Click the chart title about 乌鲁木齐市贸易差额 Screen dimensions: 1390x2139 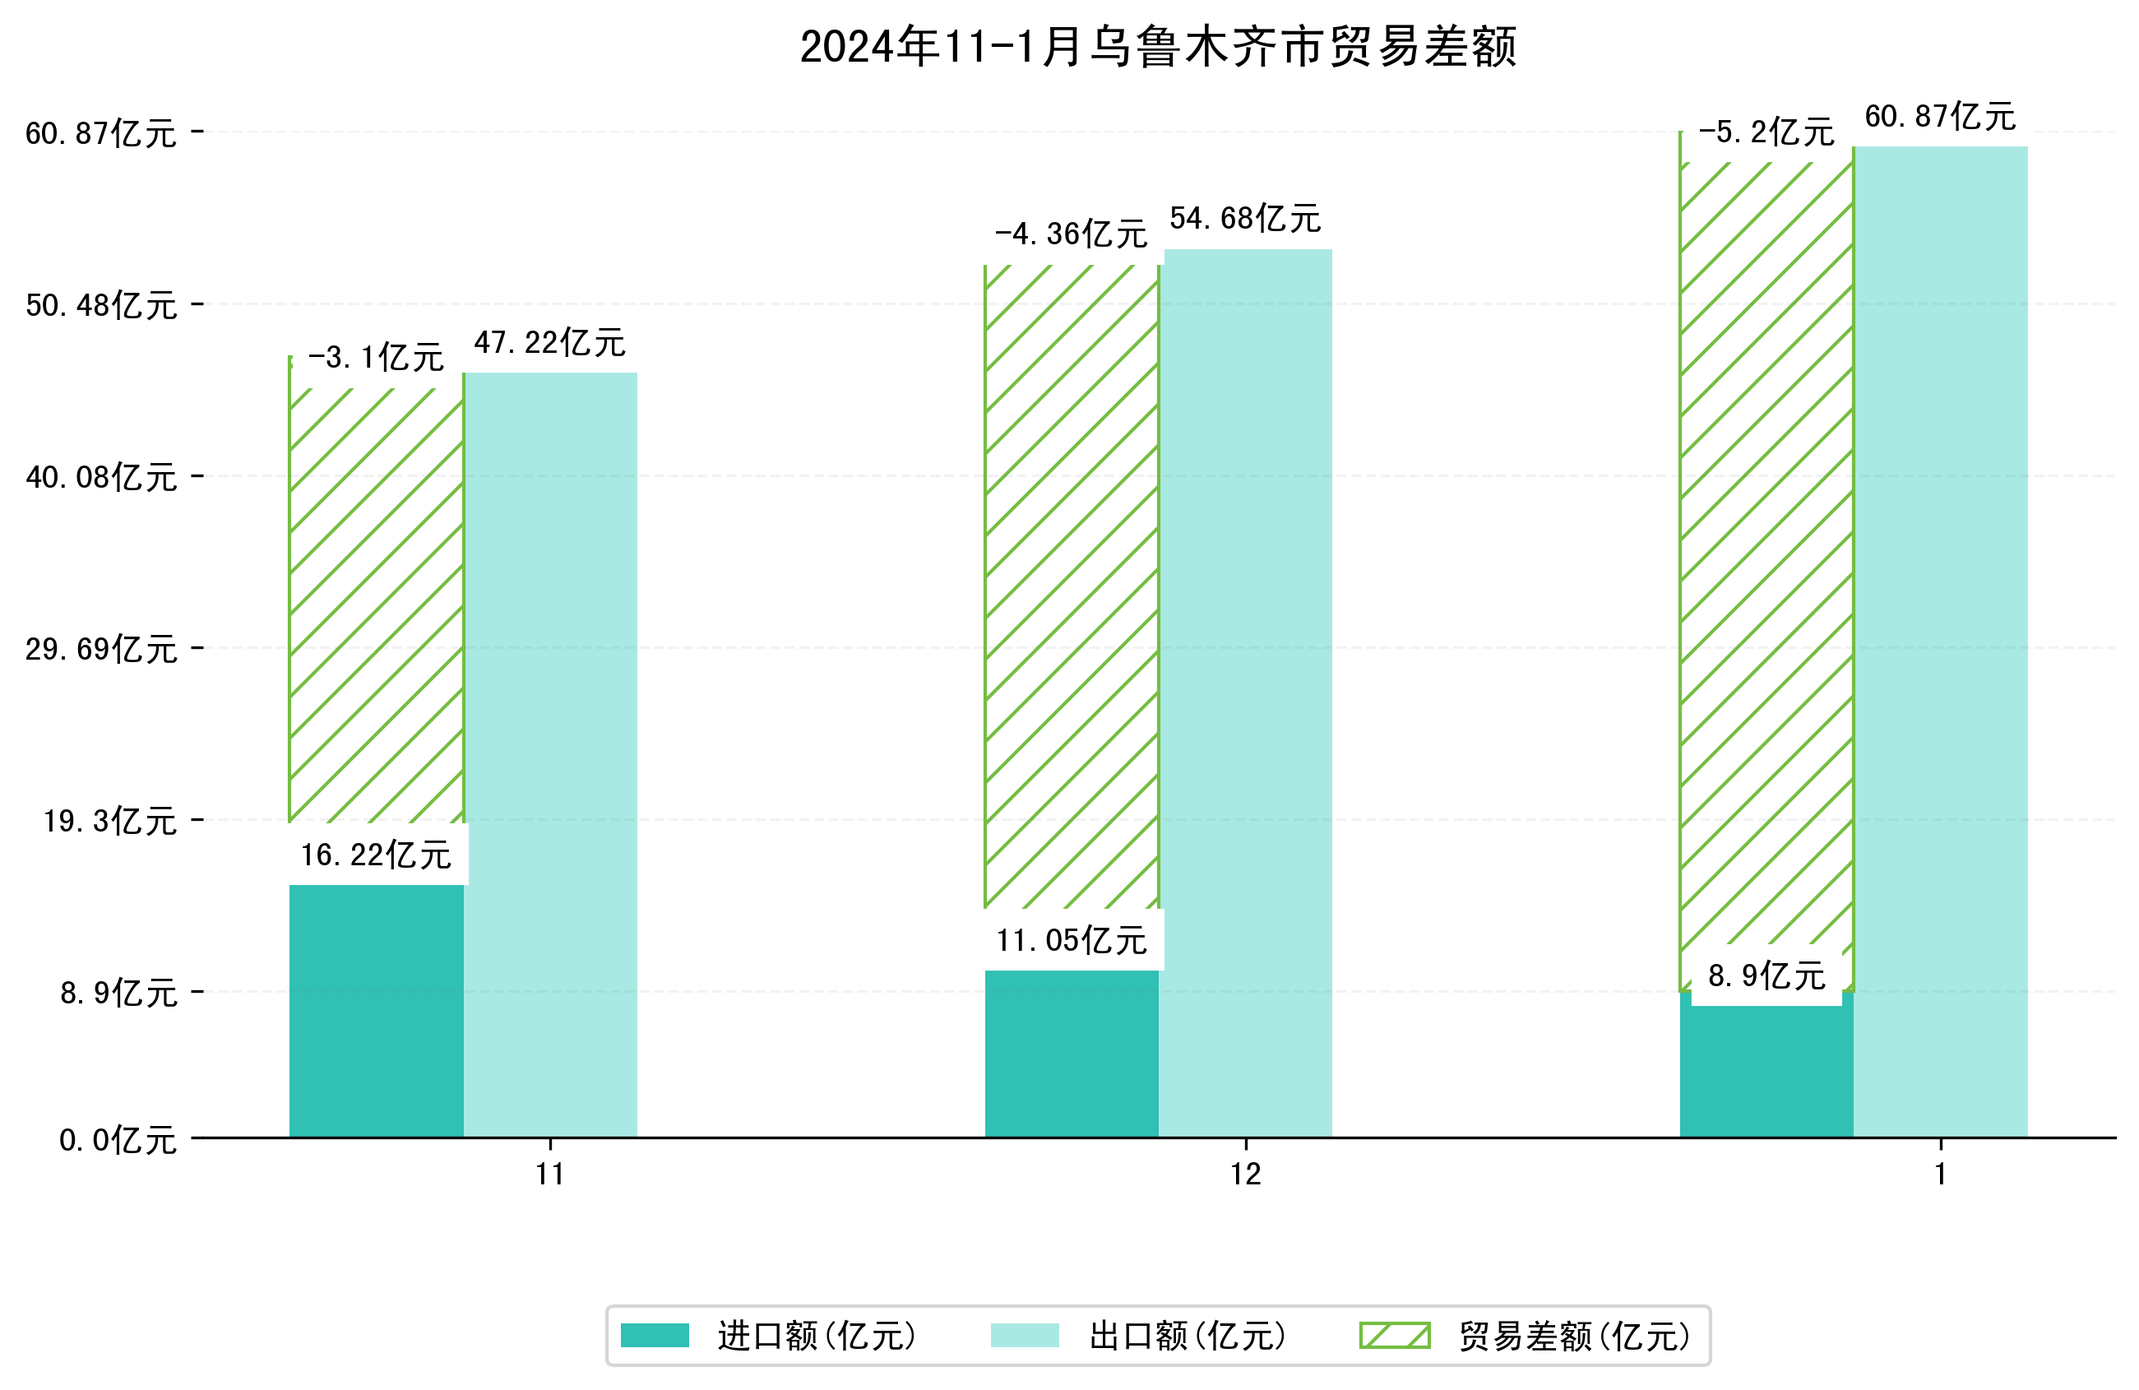click(x=1158, y=47)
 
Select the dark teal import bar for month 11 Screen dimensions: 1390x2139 click(x=376, y=1011)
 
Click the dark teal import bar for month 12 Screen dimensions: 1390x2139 click(x=1072, y=1054)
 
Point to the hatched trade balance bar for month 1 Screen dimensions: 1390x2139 click(x=1766, y=558)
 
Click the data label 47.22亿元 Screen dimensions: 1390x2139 click(x=549, y=342)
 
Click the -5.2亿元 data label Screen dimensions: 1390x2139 click(x=1766, y=132)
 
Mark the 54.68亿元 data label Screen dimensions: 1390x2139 click(x=1245, y=219)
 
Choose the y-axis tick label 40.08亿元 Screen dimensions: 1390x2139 click(x=100, y=476)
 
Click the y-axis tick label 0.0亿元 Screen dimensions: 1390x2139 click(x=118, y=1140)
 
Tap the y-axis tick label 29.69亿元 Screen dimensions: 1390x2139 click(x=100, y=648)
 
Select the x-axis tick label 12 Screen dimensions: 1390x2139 click(x=1246, y=1175)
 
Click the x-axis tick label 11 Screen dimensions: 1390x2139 click(x=550, y=1175)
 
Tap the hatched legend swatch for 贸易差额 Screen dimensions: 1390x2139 click(x=1394, y=1336)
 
